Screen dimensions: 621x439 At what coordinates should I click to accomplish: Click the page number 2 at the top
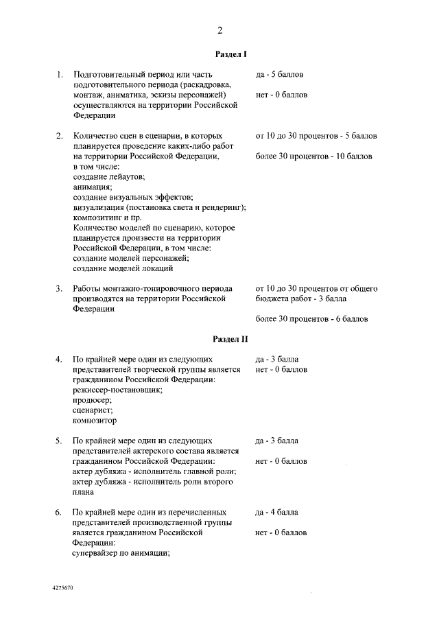coord(220,30)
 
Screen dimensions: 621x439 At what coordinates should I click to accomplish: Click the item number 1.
coord(60,74)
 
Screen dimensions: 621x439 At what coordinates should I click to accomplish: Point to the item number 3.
coord(60,288)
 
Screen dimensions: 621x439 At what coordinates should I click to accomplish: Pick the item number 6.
coord(60,512)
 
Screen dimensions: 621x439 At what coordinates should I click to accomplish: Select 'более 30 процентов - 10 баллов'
coord(313,156)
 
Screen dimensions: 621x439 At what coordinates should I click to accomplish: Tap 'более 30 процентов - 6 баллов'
coord(311,319)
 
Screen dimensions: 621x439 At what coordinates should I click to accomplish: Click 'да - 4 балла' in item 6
coord(276,512)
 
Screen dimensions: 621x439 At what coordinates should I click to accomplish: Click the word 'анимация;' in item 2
coord(93,187)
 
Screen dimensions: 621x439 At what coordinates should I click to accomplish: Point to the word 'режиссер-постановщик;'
coord(117,389)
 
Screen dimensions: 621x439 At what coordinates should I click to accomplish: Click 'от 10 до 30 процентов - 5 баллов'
coord(316,136)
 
